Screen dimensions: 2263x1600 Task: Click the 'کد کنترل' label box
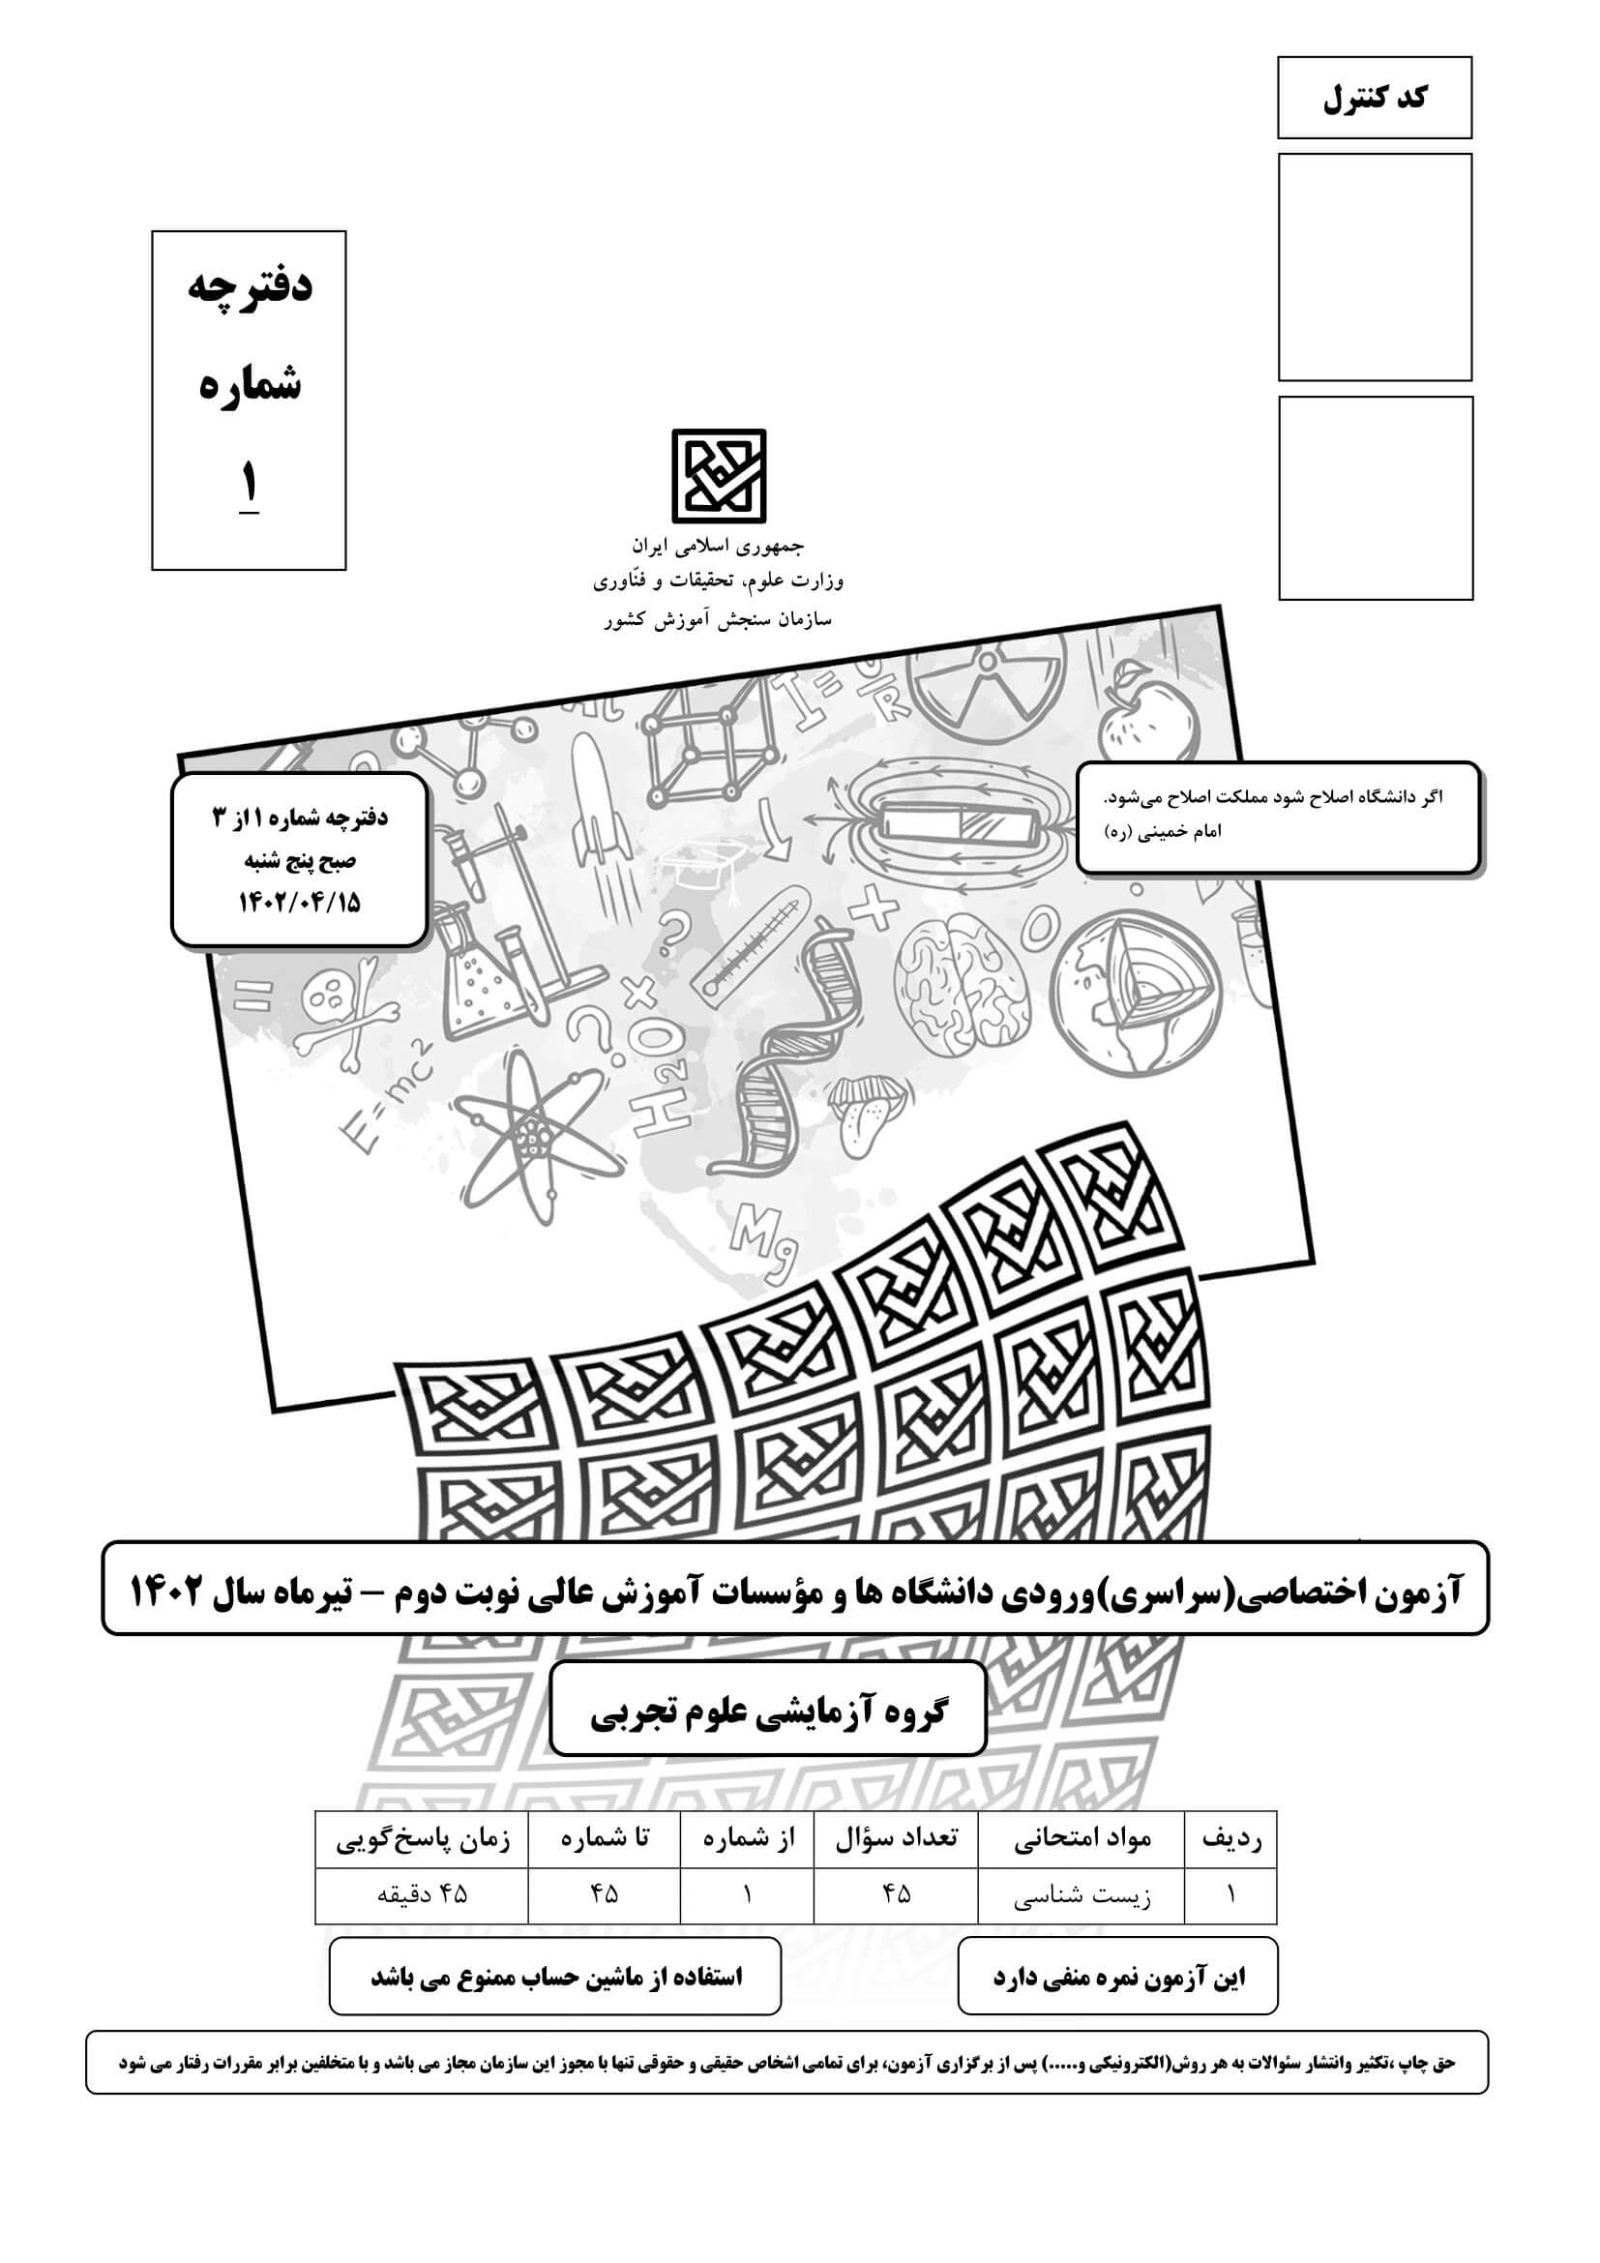1374,98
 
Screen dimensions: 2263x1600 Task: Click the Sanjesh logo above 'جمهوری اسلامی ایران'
718,476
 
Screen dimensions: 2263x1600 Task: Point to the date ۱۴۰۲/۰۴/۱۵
300,903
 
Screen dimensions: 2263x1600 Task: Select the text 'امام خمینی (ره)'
1163,832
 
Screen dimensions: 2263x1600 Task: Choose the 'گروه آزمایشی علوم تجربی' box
767,1712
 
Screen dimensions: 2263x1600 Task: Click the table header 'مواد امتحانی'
1081,1838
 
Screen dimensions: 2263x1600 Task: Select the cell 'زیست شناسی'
1081,1895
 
